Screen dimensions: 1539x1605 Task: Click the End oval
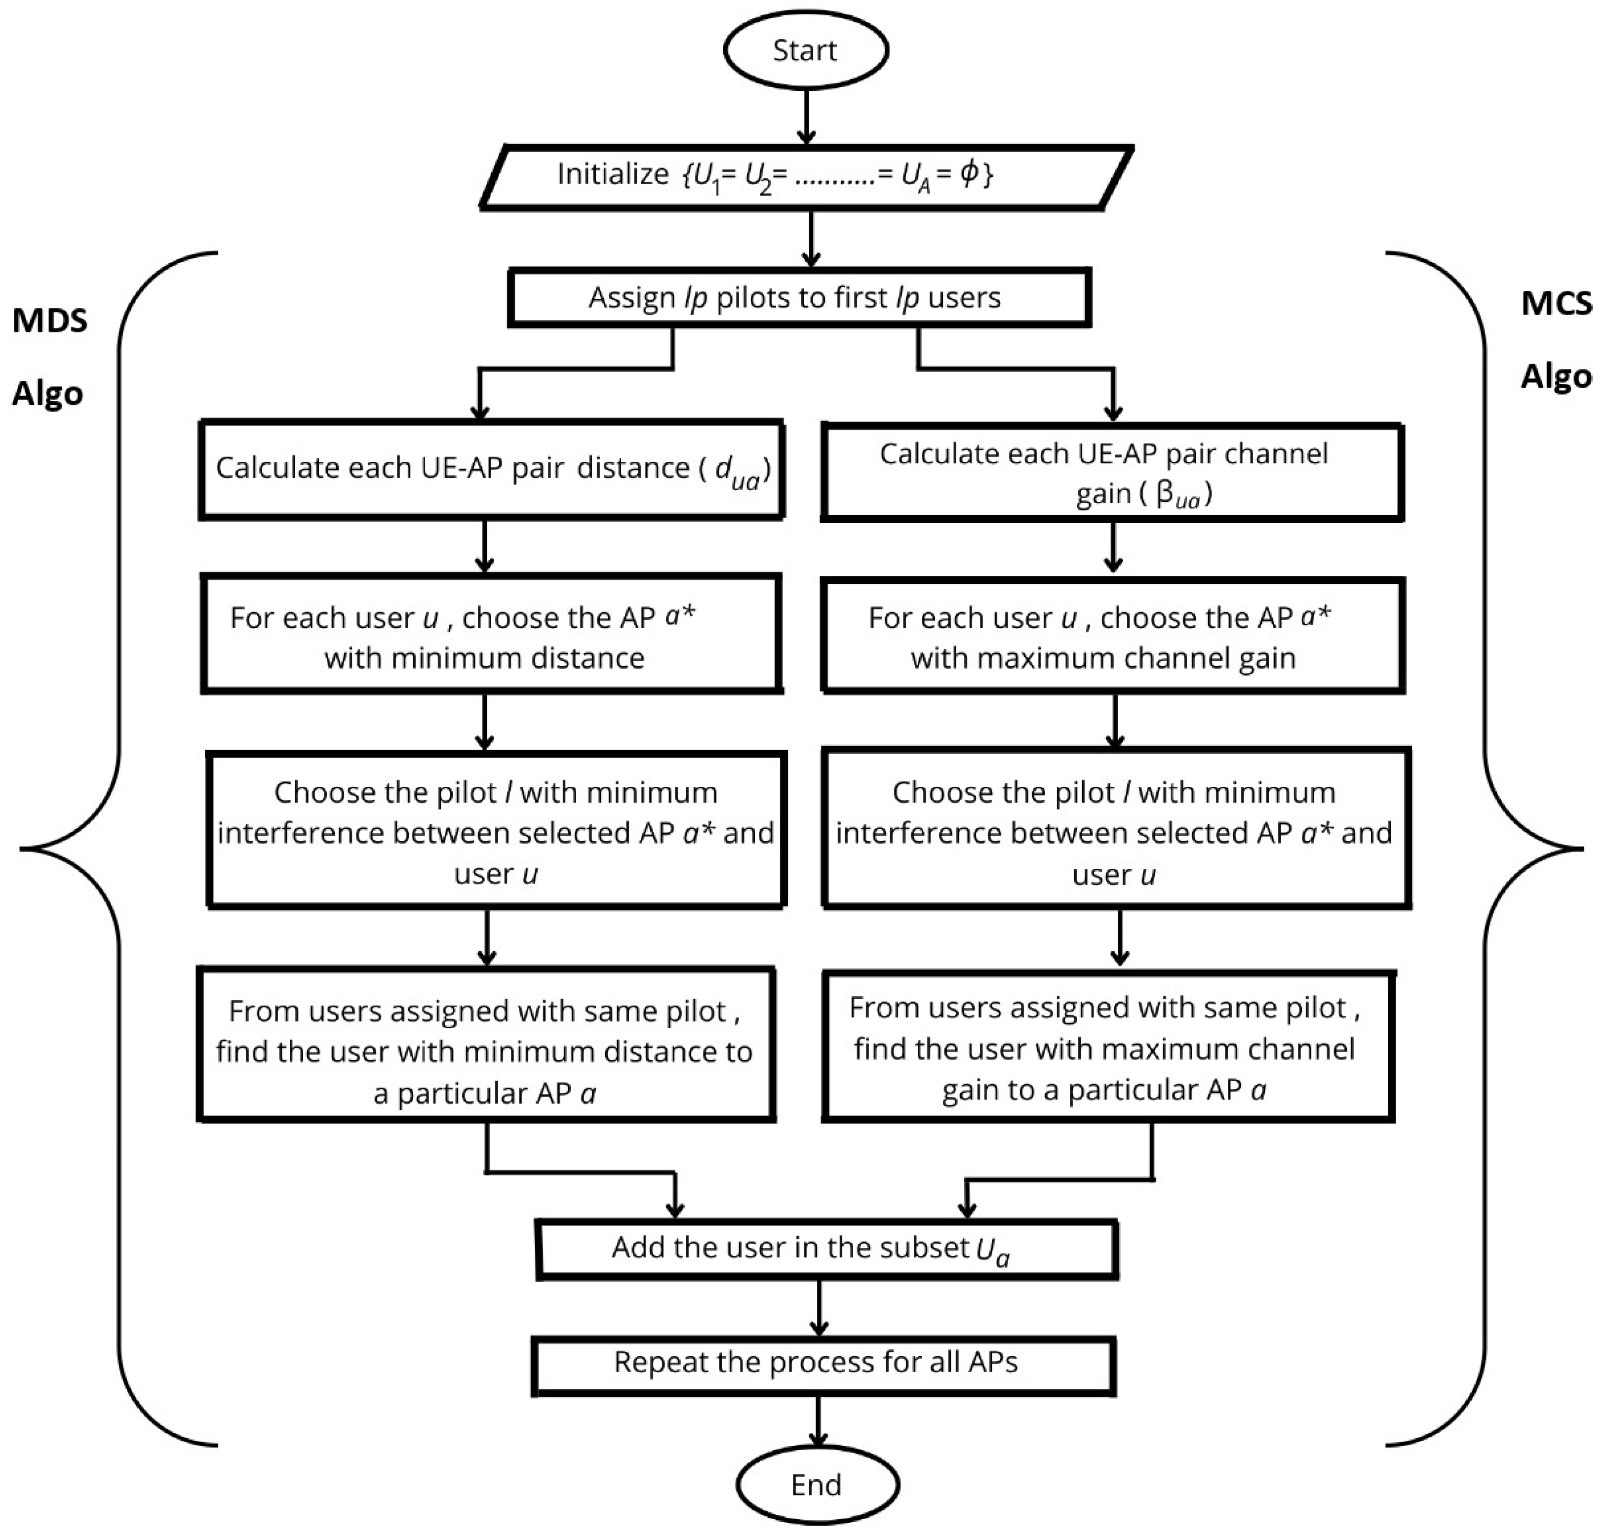(817, 1484)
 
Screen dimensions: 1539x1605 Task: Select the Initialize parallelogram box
(807, 176)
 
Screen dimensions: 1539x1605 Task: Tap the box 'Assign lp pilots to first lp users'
(798, 297)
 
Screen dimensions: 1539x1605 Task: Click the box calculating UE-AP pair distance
(491, 469)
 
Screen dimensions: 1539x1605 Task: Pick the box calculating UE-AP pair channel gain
(1112, 473)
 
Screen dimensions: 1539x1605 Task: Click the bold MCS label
(1556, 304)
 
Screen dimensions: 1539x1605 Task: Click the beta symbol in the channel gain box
(1165, 494)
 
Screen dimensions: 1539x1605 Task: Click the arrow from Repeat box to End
(817, 1421)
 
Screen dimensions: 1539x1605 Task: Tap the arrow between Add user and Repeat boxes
(819, 1306)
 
